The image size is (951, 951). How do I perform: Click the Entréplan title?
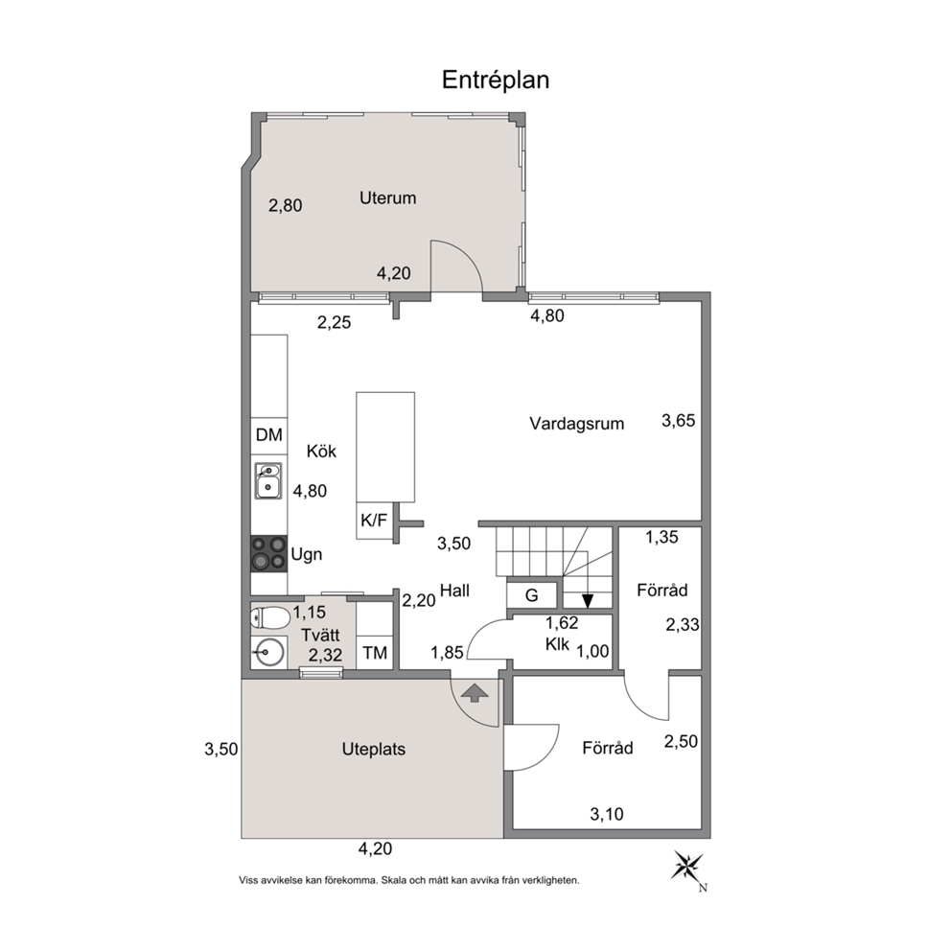(x=496, y=81)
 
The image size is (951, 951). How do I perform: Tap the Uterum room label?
(x=387, y=197)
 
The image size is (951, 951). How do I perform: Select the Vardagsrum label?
(x=577, y=424)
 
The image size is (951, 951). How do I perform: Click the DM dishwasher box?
(x=269, y=435)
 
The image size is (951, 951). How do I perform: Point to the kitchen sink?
(x=267, y=481)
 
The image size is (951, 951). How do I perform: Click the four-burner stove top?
(x=268, y=554)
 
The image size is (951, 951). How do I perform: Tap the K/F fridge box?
(x=375, y=521)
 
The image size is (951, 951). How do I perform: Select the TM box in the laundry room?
(x=375, y=653)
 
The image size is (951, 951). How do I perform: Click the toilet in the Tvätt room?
(x=270, y=618)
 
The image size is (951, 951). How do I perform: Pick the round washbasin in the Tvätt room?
(x=267, y=653)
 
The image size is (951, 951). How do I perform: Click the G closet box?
(x=531, y=595)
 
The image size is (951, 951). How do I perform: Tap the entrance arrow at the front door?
(x=475, y=692)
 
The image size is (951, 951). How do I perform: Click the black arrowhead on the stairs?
(x=587, y=600)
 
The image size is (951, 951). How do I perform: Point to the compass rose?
(x=687, y=867)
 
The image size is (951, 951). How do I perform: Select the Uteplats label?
(x=374, y=749)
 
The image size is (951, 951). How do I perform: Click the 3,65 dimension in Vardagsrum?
(x=678, y=420)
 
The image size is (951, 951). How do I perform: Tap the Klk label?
(x=557, y=644)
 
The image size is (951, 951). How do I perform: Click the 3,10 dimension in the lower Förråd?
(x=607, y=814)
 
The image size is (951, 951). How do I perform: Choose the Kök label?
(x=321, y=452)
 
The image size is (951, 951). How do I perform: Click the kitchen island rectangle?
(x=385, y=447)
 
